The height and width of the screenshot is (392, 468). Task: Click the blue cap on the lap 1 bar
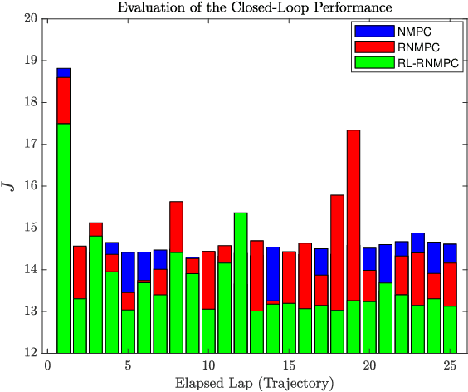(x=64, y=73)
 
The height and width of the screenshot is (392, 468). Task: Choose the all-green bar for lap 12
(x=241, y=282)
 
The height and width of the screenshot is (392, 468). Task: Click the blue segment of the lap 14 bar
(x=273, y=274)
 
